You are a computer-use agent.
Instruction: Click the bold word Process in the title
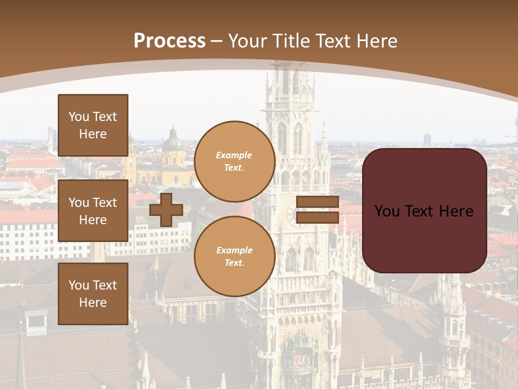click(169, 41)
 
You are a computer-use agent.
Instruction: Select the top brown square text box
click(93, 125)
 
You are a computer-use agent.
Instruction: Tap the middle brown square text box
click(93, 211)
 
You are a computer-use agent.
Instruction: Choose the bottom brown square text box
click(93, 293)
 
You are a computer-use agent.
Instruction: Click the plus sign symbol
click(166, 210)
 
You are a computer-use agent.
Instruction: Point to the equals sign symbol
click(317, 210)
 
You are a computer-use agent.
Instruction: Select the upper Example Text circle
click(234, 161)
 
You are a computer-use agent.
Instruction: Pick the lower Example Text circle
click(234, 257)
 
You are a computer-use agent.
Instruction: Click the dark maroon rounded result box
click(424, 211)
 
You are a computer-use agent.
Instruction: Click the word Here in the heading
click(375, 41)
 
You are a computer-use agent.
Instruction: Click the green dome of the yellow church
click(173, 144)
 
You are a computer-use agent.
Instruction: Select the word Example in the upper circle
click(234, 155)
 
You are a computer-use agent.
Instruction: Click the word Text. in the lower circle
click(234, 263)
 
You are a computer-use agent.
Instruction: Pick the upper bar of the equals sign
click(317, 202)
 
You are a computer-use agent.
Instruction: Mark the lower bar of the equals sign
click(317, 217)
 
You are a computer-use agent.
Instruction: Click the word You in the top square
click(78, 117)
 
